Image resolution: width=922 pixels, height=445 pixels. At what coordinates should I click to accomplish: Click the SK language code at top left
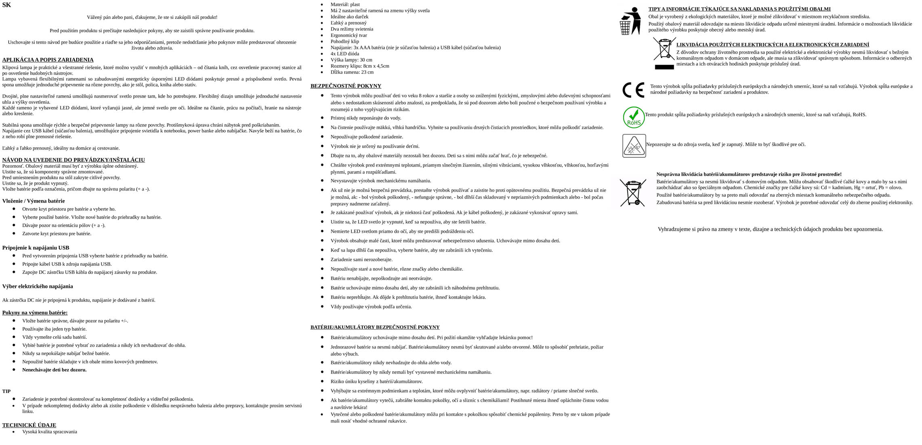pyautogui.click(x=6, y=5)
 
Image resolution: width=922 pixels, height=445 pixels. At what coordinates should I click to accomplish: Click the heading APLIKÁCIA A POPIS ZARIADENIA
pyautogui.click(x=48, y=60)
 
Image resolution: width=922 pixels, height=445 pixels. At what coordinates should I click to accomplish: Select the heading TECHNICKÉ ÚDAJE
pyautogui.click(x=29, y=425)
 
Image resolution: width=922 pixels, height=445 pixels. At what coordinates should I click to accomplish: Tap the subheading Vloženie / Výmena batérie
pyautogui.click(x=34, y=201)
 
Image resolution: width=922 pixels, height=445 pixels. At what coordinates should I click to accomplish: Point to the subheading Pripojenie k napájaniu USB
pyautogui.click(x=36, y=248)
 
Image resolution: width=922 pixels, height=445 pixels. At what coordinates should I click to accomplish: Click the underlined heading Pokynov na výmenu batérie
pyautogui.click(x=35, y=313)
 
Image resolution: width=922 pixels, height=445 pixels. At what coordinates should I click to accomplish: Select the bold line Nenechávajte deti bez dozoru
pyautogui.click(x=54, y=370)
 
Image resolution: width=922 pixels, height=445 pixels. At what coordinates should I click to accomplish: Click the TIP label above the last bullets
pyautogui.click(x=6, y=391)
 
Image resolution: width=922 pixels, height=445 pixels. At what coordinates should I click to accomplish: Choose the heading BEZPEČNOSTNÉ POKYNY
pyautogui.click(x=346, y=86)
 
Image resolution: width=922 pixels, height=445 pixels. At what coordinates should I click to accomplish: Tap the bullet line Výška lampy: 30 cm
pyautogui.click(x=351, y=60)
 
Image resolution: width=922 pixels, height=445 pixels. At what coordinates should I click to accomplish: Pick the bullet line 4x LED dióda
pyautogui.click(x=344, y=54)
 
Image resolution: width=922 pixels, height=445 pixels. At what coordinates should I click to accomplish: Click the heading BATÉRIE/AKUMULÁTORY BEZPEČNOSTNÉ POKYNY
pyautogui.click(x=375, y=327)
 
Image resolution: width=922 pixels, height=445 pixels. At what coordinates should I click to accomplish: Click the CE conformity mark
pyautogui.click(x=633, y=90)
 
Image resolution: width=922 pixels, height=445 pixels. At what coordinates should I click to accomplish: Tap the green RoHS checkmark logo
pyautogui.click(x=634, y=117)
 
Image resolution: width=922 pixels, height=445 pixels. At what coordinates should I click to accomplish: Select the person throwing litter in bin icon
pyautogui.click(x=630, y=21)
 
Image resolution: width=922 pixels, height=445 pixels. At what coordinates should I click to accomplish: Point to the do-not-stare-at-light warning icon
pyautogui.click(x=634, y=146)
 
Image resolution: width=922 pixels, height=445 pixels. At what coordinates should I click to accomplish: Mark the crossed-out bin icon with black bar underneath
pyautogui.click(x=664, y=53)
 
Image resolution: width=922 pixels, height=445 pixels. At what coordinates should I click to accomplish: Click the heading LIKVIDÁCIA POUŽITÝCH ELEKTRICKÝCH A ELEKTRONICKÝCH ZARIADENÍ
pyautogui.click(x=773, y=45)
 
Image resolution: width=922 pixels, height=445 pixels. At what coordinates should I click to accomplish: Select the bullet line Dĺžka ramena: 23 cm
pyautogui.click(x=352, y=72)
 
